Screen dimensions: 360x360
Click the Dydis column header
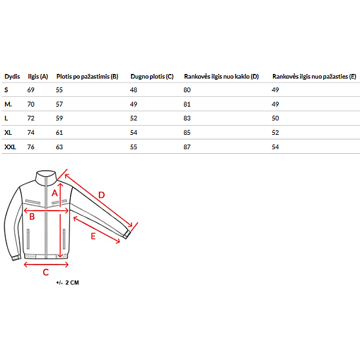click(12, 77)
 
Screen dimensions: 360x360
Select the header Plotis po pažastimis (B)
click(87, 77)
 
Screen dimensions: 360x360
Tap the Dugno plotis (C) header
click(152, 77)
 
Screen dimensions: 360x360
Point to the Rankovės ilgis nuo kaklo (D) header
click(221, 77)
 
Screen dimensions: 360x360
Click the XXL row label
click(10, 147)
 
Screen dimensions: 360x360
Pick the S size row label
click(6, 90)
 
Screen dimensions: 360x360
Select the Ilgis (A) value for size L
click(31, 118)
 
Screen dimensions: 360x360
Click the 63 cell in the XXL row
click(59, 147)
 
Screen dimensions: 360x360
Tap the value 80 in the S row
click(187, 90)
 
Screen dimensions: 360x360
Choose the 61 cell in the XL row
click(59, 132)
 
